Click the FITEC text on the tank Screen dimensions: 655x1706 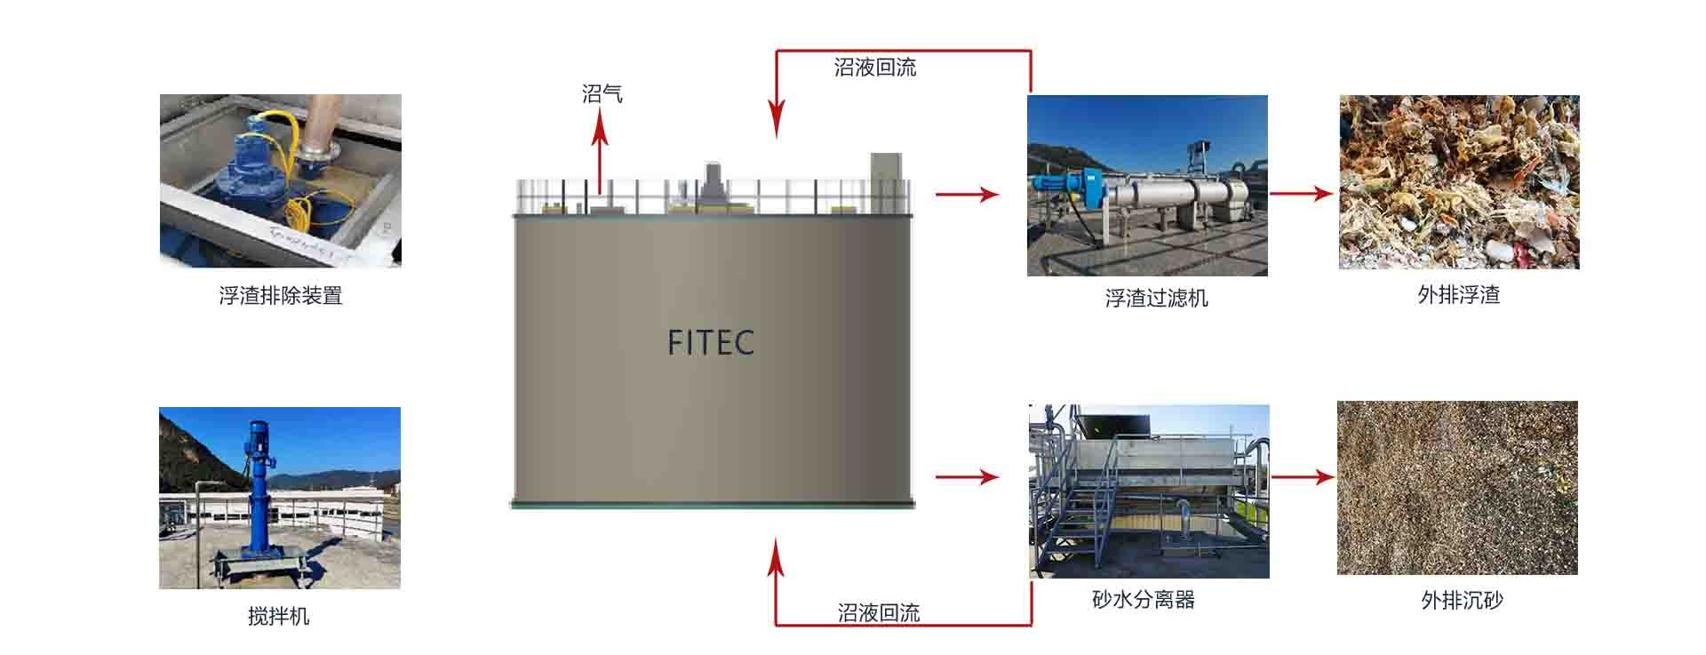[x=711, y=342]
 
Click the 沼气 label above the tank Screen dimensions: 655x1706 [x=602, y=93]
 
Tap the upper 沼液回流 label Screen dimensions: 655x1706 [x=874, y=68]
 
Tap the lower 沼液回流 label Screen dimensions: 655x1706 [x=878, y=612]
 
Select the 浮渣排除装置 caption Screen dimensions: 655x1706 [x=280, y=295]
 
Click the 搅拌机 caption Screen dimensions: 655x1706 [x=278, y=616]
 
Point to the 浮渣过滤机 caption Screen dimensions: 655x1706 [x=1156, y=298]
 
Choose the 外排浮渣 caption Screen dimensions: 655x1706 [x=1458, y=294]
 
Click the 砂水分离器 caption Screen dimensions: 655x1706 [x=1143, y=600]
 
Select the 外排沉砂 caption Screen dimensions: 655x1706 [x=1462, y=601]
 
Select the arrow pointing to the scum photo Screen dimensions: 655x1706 [x=1301, y=193]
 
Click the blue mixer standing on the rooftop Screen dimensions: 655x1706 [x=260, y=498]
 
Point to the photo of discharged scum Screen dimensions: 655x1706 [x=1459, y=182]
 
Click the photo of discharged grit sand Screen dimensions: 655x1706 [x=1457, y=487]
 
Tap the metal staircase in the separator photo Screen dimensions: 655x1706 [x=1080, y=515]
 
